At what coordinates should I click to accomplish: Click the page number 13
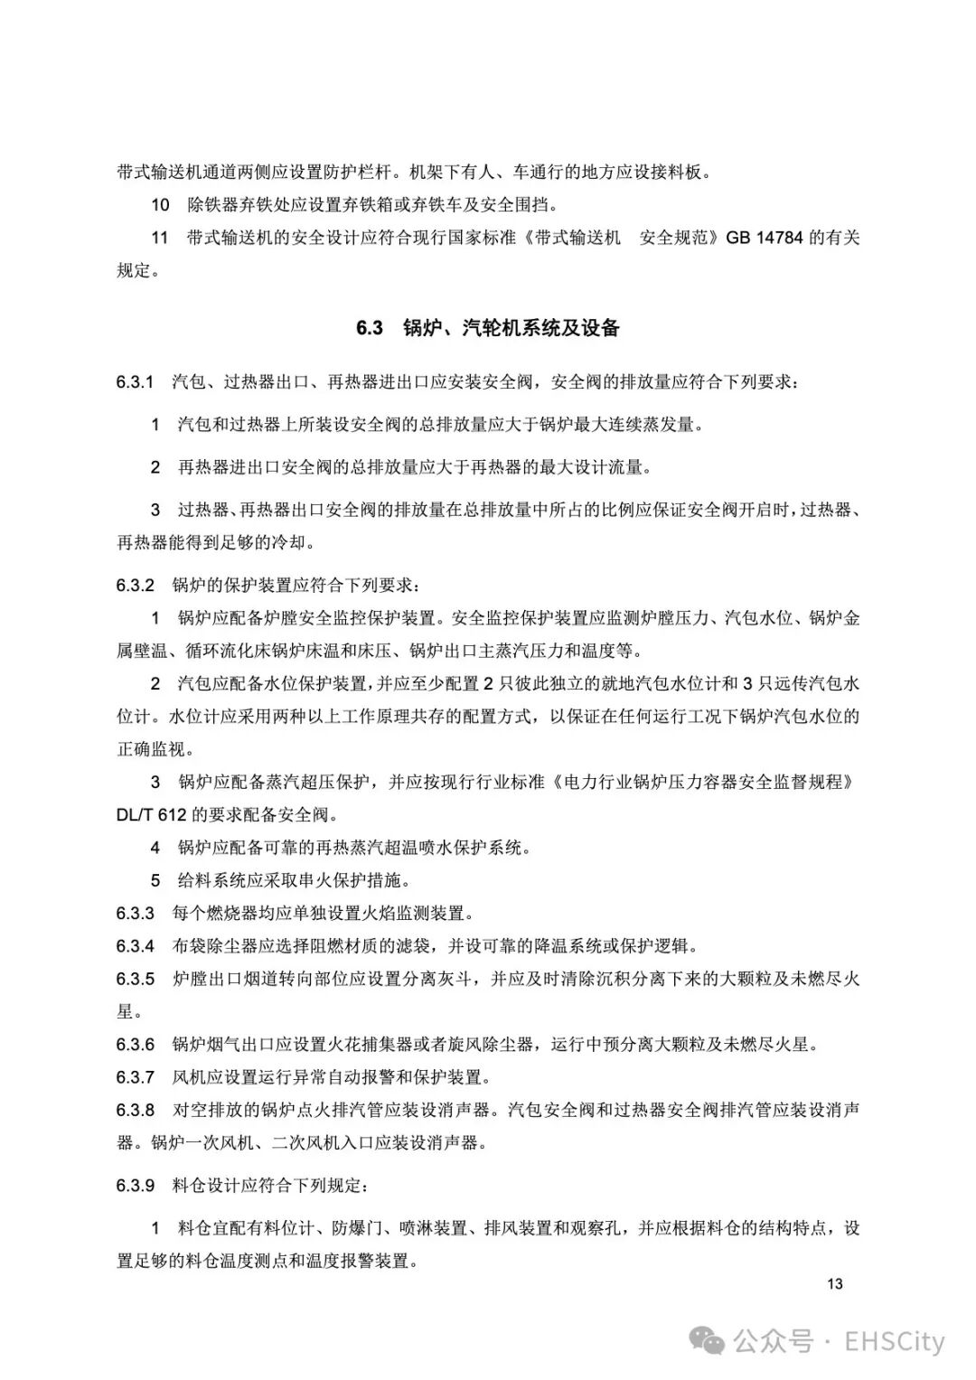[834, 1283]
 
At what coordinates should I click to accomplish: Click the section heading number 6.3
[370, 328]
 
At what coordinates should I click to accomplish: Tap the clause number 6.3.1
[136, 381]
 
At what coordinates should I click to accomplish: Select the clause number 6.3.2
[136, 585]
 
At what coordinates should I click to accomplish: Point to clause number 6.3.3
[136, 913]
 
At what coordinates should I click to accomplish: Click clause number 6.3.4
[136, 946]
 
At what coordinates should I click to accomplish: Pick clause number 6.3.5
[136, 979]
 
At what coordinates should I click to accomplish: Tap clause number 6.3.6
[136, 1045]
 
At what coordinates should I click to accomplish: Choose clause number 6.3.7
[136, 1077]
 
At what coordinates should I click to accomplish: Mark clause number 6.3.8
[136, 1110]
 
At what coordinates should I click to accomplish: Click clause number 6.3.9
[136, 1185]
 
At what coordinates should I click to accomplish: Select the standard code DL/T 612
[151, 814]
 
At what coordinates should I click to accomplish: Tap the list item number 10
[160, 205]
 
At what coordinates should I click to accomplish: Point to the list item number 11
[160, 238]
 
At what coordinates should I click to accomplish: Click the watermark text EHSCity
[894, 1341]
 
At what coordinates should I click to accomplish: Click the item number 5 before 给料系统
[155, 880]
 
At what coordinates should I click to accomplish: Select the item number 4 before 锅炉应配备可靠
[155, 848]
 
